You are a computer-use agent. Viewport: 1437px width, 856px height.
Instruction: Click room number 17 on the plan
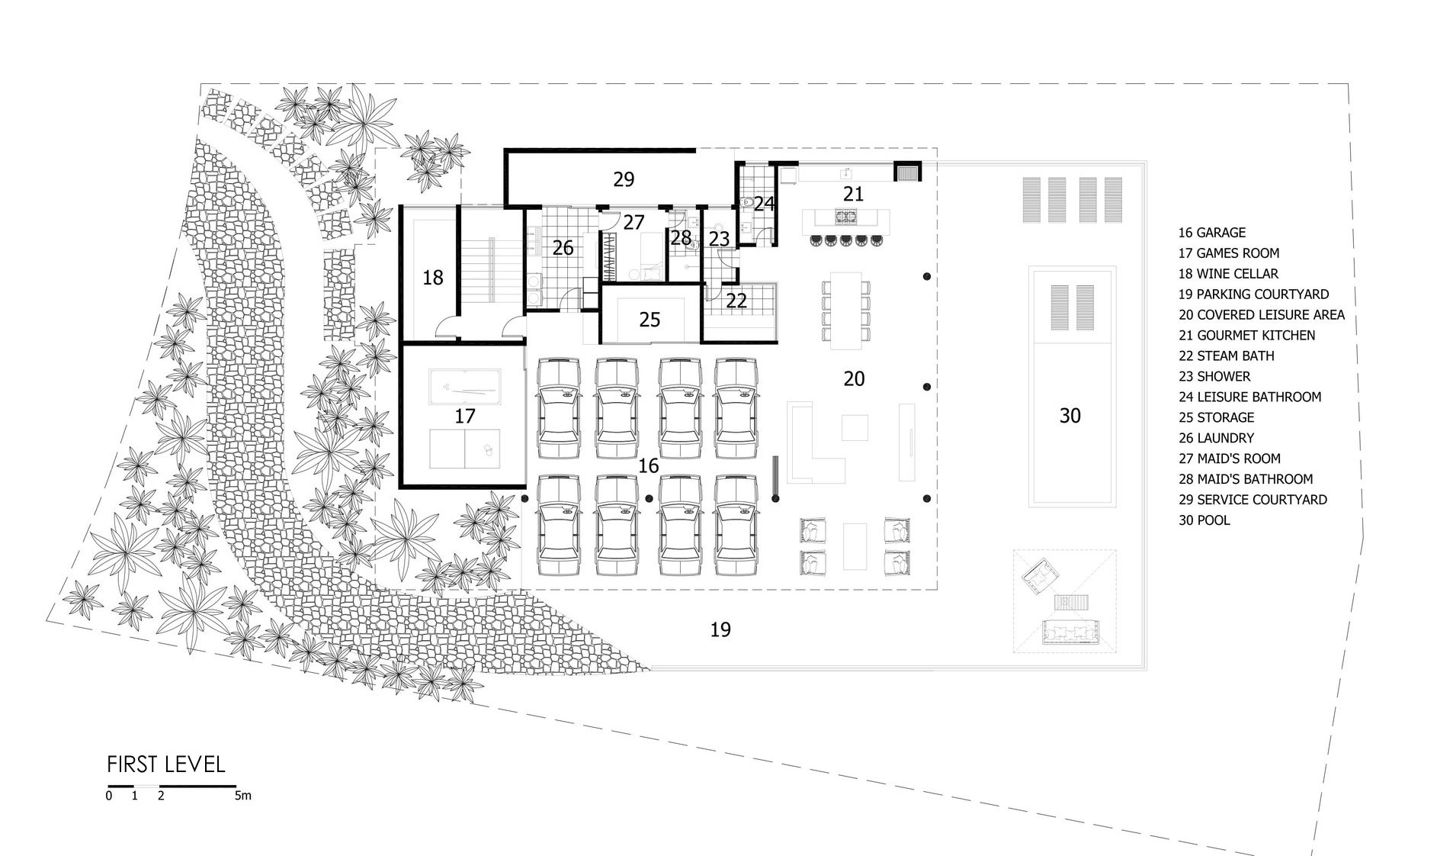[x=465, y=416]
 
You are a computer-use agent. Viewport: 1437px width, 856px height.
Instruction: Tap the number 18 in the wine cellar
[x=433, y=278]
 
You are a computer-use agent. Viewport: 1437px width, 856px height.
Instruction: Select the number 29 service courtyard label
[x=624, y=179]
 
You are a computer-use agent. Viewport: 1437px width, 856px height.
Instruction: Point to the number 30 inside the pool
[x=1070, y=416]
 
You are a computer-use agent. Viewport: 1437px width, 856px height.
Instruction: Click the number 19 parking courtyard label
[x=720, y=629]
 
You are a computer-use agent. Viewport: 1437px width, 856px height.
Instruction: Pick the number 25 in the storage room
[x=650, y=319]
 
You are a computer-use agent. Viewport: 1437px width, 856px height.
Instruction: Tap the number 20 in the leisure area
[x=854, y=378]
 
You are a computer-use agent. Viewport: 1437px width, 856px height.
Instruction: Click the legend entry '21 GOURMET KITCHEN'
[x=1246, y=335]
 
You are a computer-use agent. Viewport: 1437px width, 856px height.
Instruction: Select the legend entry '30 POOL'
[x=1204, y=520]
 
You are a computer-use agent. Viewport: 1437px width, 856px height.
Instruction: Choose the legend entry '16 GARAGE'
[x=1212, y=233]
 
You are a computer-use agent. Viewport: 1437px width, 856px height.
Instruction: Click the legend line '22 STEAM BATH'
[x=1226, y=356]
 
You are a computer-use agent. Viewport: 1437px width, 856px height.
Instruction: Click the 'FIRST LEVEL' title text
[x=166, y=764]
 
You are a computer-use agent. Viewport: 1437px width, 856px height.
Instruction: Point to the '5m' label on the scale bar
[x=242, y=796]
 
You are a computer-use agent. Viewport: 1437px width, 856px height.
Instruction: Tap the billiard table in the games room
[x=465, y=388]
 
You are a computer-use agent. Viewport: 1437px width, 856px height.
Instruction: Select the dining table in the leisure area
[x=845, y=307]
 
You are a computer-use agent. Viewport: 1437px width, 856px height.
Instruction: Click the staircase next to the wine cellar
[x=492, y=270]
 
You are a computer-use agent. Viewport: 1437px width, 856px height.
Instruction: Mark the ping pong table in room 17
[x=465, y=449]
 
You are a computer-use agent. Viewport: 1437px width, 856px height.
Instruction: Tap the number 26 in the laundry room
[x=563, y=248]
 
